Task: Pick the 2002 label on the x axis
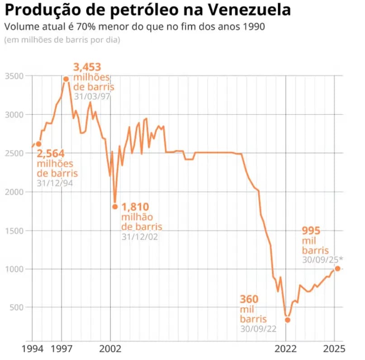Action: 110,349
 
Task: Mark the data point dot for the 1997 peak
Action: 66,79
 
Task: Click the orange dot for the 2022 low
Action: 287,320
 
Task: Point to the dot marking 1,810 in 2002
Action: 115,206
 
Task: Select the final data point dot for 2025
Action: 337,269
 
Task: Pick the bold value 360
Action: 249,299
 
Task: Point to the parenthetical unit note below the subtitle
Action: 62,40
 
